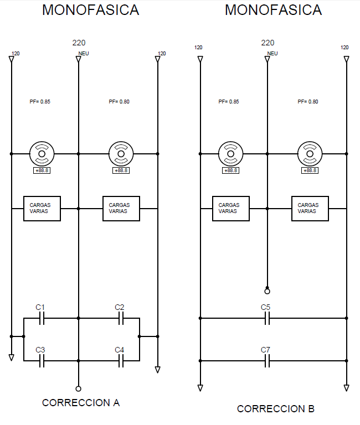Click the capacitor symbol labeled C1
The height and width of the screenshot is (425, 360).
[x=42, y=318]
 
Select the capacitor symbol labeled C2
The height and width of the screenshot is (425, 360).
[x=121, y=318]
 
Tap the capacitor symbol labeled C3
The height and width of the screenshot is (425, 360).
[x=42, y=361]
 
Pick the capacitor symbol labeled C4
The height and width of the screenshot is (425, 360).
[x=121, y=361]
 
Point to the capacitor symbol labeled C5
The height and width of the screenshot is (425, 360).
[x=267, y=318]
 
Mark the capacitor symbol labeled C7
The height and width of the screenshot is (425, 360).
[x=267, y=361]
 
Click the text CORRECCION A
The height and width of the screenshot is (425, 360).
[x=81, y=403]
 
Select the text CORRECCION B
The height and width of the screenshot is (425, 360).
[x=276, y=409]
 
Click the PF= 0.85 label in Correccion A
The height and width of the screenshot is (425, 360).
[x=40, y=102]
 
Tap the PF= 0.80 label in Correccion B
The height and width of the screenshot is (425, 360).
[x=308, y=102]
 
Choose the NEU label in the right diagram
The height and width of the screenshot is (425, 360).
[x=272, y=53]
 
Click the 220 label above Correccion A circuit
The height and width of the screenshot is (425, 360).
[x=79, y=43]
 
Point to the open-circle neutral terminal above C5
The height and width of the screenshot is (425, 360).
[x=267, y=292]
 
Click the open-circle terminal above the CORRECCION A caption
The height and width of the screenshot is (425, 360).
[x=79, y=388]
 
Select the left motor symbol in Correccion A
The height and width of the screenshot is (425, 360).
[x=42, y=154]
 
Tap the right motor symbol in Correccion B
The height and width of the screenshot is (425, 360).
[x=310, y=154]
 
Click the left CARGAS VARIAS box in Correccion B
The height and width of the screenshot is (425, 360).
[x=231, y=209]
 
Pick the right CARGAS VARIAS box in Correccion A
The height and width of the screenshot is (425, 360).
[x=121, y=209]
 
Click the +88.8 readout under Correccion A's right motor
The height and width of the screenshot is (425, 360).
[x=121, y=170]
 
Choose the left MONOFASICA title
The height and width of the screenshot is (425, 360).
[x=91, y=10]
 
